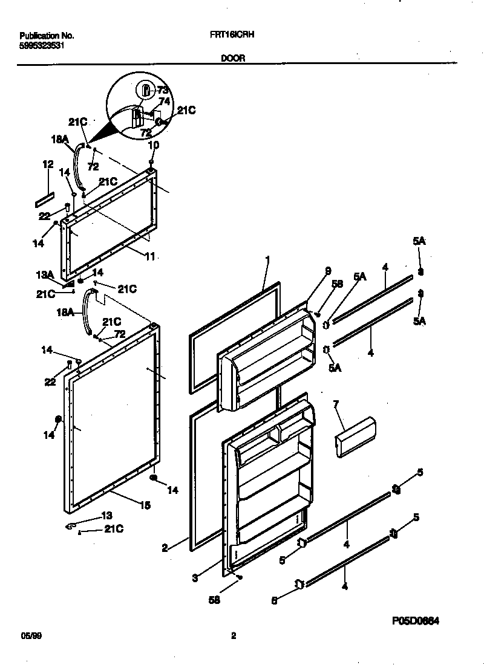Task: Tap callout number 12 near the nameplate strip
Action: tap(48, 164)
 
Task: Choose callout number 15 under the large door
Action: tap(145, 505)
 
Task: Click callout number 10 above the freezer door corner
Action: tap(153, 145)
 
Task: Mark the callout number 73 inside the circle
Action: tap(162, 90)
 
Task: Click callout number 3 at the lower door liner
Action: tap(195, 578)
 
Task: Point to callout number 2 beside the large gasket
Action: tap(164, 548)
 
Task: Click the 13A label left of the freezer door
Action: tap(44, 275)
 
